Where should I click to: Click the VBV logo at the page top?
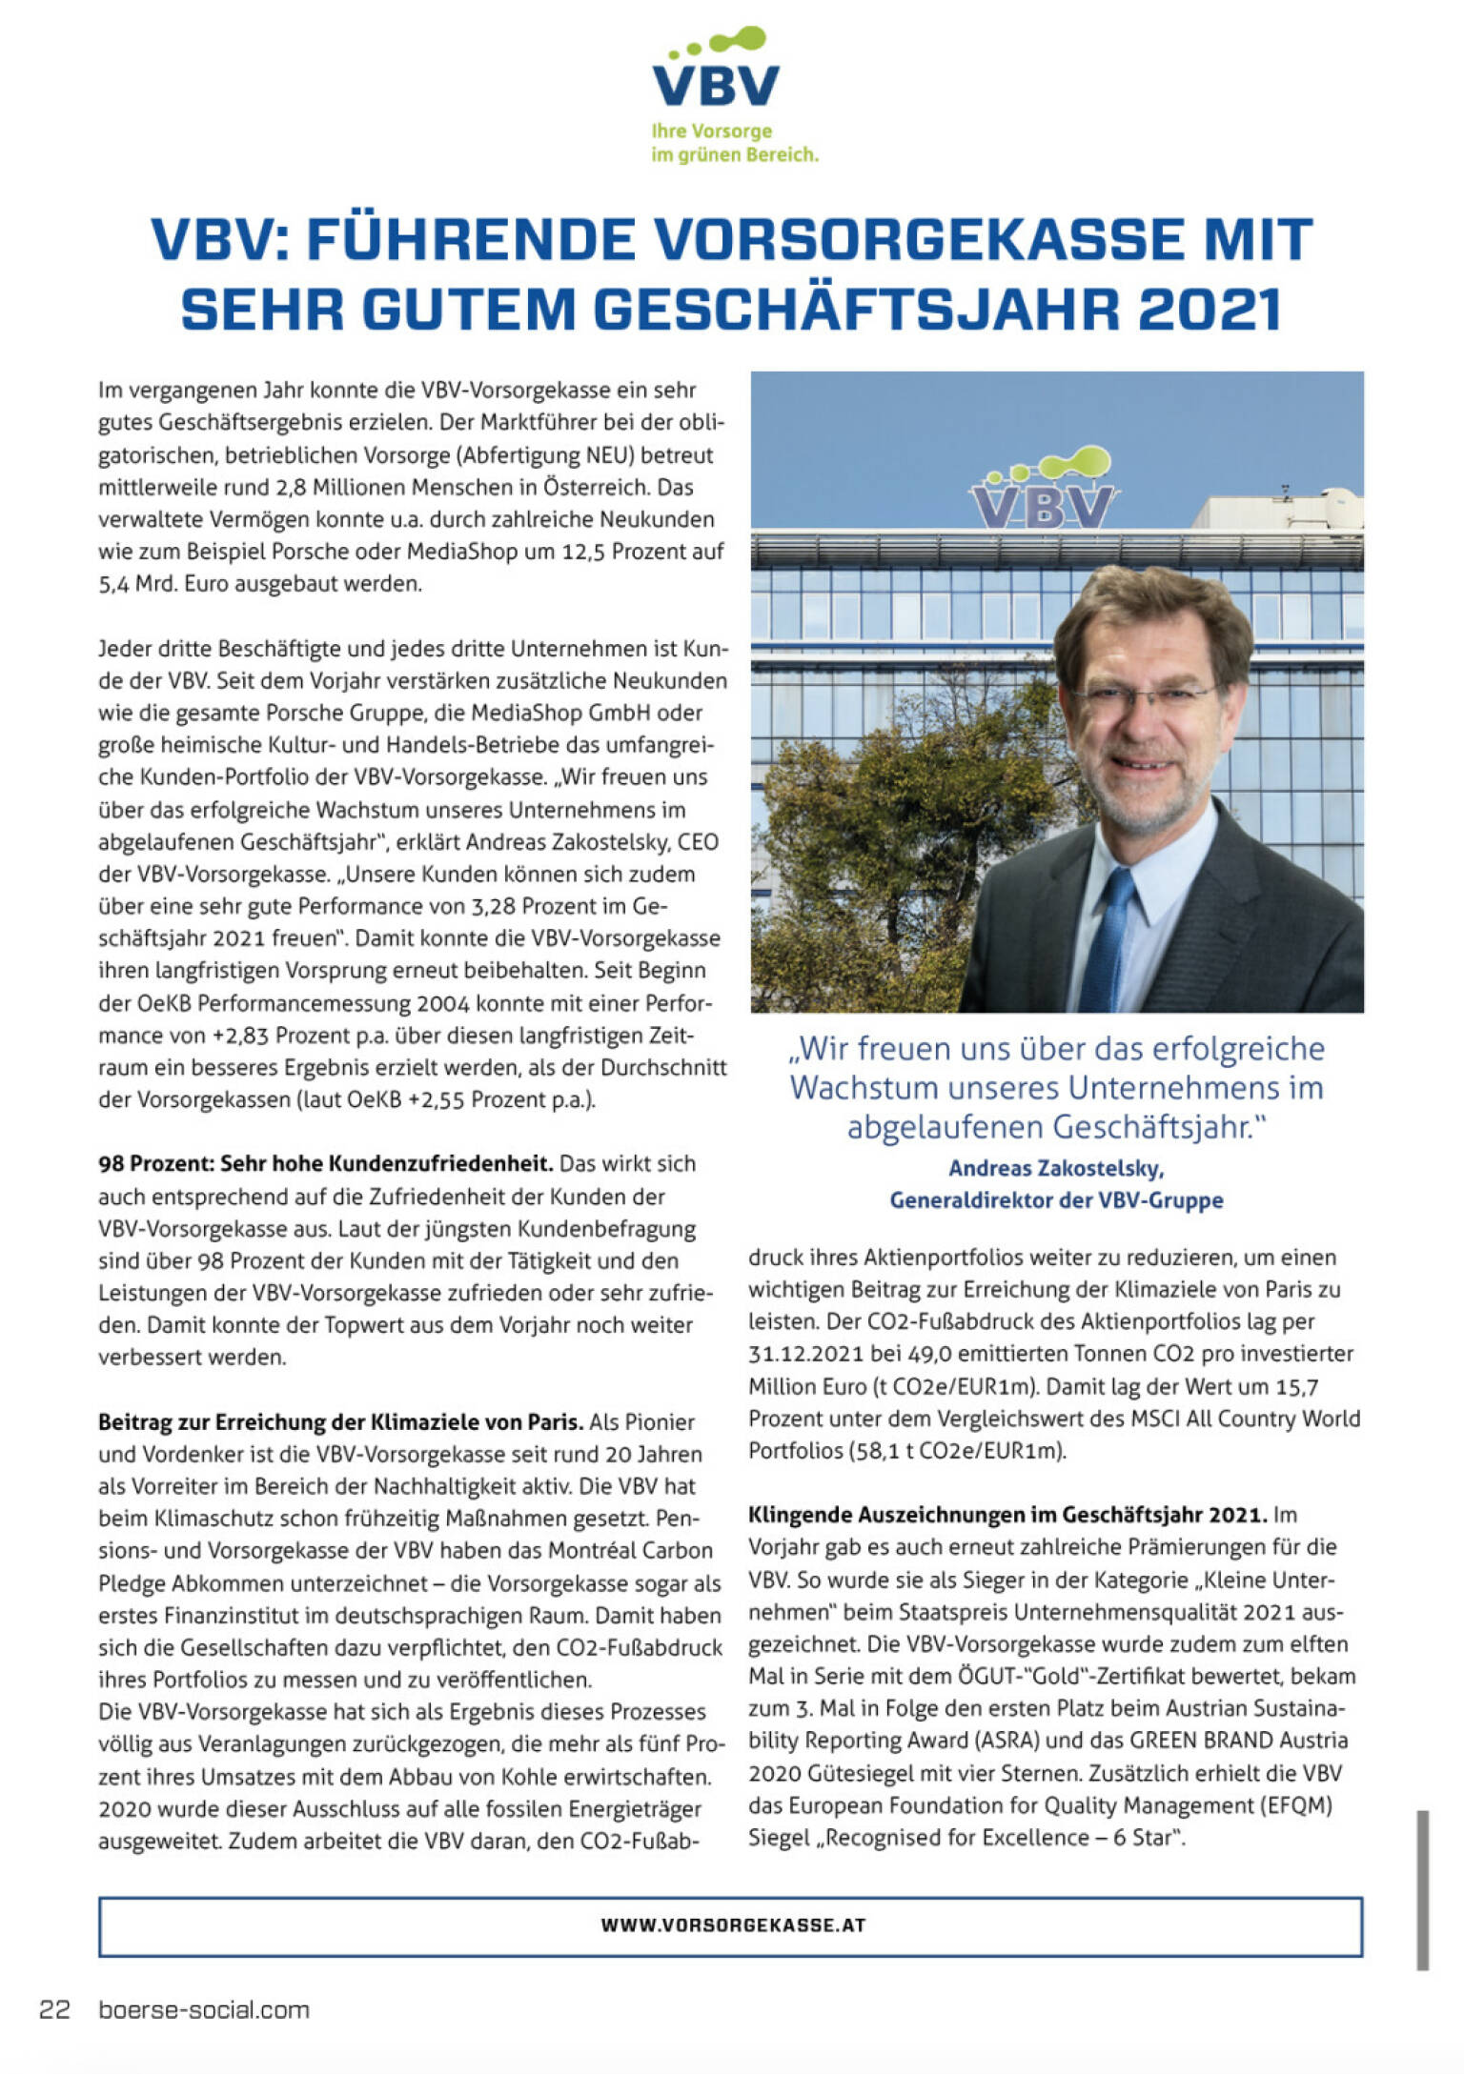(716, 71)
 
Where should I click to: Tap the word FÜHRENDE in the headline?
(471, 239)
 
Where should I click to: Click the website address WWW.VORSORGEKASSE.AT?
(733, 1924)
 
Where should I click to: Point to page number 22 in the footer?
(54, 2009)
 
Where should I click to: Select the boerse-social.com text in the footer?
(204, 2009)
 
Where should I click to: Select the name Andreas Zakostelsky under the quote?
(1056, 1168)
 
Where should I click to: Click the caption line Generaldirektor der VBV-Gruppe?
(1056, 1200)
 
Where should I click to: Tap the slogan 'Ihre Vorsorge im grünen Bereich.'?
(734, 143)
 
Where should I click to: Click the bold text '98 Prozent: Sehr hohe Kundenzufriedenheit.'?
(325, 1163)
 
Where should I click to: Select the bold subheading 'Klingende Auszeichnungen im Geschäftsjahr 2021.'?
(1006, 1515)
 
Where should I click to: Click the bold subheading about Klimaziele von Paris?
(340, 1422)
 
